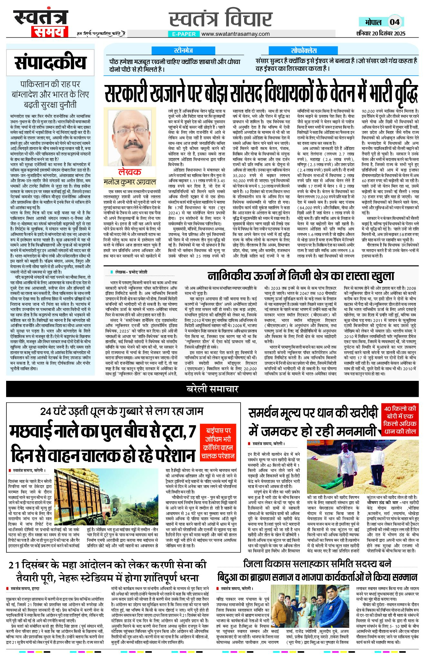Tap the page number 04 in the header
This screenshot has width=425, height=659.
(x=395, y=22)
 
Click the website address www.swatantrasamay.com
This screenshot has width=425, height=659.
(x=235, y=34)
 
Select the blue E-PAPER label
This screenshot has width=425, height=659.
(x=184, y=34)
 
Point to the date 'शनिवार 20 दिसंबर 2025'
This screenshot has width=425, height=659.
(x=381, y=33)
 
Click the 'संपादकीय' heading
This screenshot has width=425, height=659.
(x=50, y=62)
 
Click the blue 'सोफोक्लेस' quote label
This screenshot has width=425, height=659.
(x=304, y=51)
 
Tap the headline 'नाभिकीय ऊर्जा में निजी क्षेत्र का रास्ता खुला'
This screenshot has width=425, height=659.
(x=301, y=276)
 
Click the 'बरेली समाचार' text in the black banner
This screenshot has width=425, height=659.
(x=212, y=389)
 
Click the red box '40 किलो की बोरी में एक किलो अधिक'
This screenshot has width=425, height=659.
(x=400, y=420)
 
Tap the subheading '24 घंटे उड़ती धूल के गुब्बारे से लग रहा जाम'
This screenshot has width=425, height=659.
(x=122, y=411)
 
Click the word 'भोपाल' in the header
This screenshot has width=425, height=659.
(x=373, y=22)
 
